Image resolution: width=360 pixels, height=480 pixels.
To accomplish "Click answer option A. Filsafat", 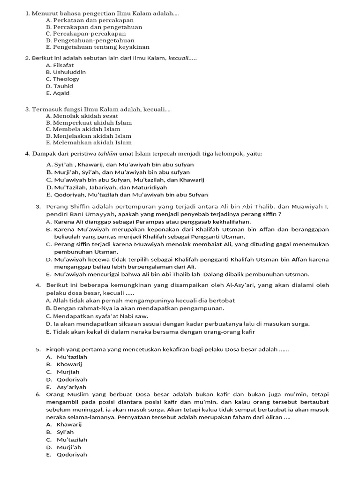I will click(x=60, y=65).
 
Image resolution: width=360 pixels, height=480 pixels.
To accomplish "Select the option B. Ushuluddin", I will click(x=66, y=72).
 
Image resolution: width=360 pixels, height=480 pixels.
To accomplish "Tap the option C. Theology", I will click(x=62, y=79).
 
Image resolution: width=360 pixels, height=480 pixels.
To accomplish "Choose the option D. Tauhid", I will click(x=60, y=86).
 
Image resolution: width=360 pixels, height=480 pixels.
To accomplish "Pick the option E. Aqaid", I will click(x=59, y=93).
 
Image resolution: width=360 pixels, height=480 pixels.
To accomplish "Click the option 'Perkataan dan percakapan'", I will click(x=90, y=21).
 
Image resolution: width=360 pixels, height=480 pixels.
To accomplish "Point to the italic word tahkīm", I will click(x=114, y=154).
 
